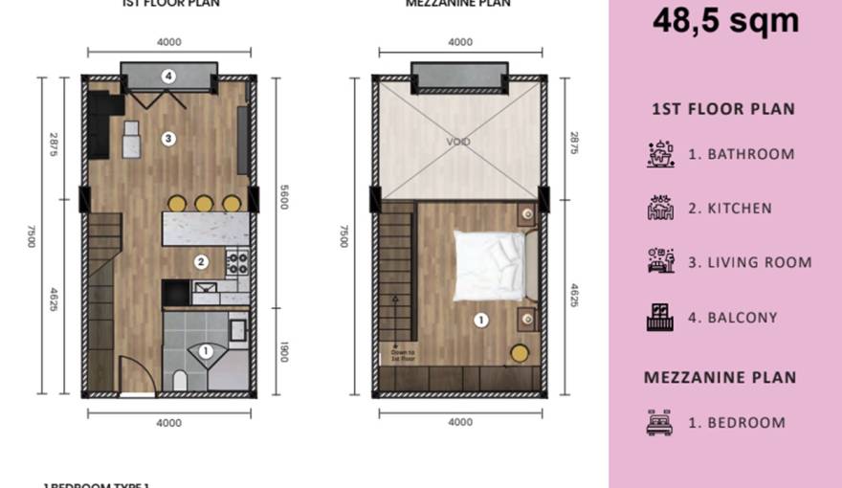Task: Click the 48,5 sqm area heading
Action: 725,20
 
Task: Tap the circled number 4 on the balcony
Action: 168,76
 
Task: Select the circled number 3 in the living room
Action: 168,139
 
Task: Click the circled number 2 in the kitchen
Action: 201,261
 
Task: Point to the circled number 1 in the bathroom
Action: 205,351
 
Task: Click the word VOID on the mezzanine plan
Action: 458,142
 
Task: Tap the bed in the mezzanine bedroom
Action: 488,261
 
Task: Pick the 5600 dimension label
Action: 283,196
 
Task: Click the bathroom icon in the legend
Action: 660,154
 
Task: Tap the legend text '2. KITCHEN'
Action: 730,209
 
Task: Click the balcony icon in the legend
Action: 660,318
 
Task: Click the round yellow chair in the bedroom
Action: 519,353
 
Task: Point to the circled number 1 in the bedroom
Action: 481,320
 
